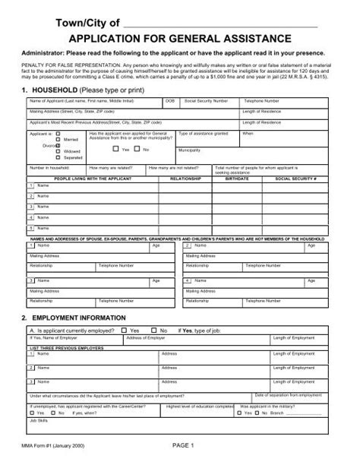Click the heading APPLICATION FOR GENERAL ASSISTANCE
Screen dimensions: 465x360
(x=179, y=37)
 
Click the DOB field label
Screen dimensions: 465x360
(x=169, y=100)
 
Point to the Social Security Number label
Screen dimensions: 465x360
(x=206, y=100)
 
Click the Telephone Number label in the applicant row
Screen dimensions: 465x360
(x=259, y=100)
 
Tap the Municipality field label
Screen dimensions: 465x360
(x=190, y=150)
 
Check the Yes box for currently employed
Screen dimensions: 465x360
(x=125, y=331)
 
